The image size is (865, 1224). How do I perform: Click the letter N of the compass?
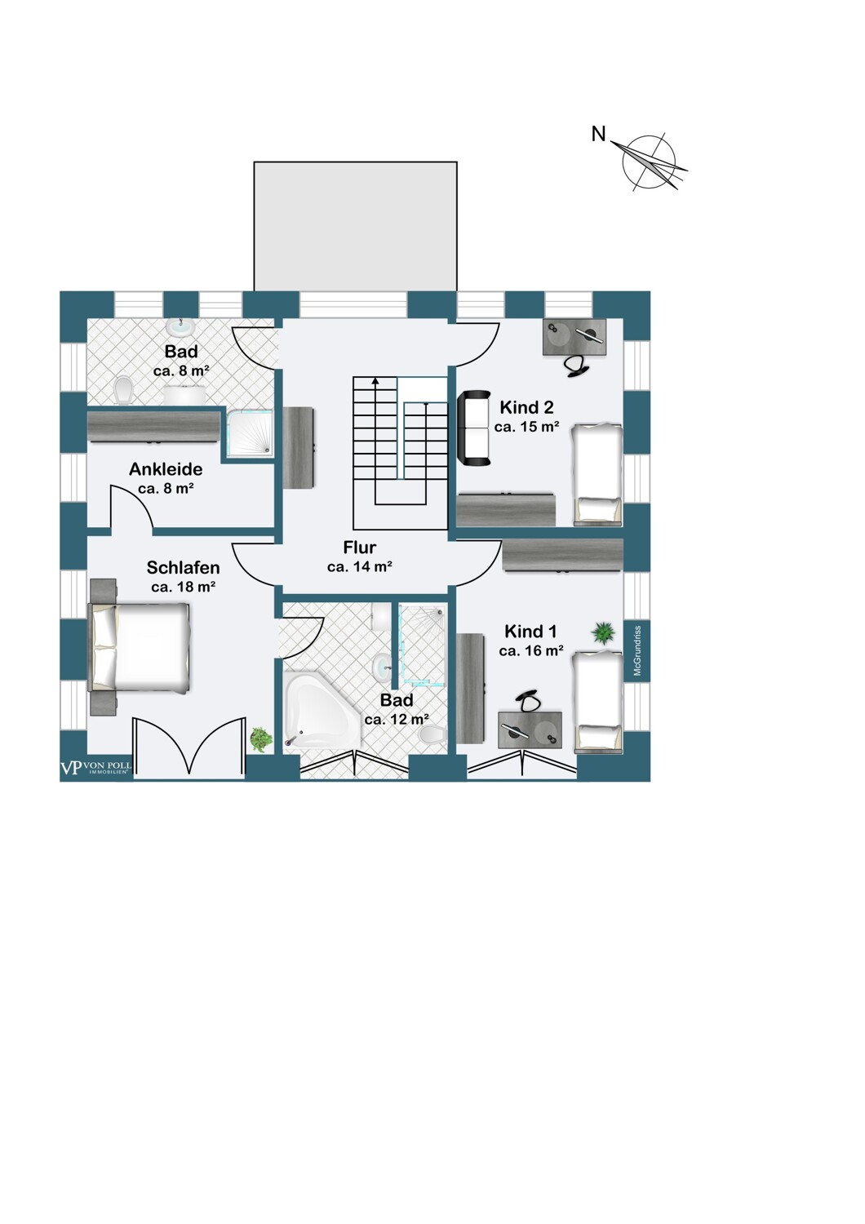599,134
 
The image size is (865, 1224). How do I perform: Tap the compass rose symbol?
649,162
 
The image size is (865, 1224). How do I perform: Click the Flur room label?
360,547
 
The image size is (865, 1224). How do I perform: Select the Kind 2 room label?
527,407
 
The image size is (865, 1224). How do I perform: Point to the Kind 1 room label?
530,632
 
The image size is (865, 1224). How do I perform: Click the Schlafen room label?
183,568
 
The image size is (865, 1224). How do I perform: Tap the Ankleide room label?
166,469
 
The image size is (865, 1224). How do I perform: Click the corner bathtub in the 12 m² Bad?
322,709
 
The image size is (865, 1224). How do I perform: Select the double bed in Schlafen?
140,647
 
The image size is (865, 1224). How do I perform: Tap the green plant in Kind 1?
602,632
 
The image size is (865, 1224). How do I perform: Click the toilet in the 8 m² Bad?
125,390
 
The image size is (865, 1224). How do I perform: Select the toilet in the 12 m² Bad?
432,734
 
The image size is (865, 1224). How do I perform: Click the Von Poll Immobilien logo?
95,768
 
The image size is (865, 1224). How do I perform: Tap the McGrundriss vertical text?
637,651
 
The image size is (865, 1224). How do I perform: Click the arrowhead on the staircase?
375,381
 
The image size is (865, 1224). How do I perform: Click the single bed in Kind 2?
597,474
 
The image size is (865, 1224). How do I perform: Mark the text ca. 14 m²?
360,567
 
